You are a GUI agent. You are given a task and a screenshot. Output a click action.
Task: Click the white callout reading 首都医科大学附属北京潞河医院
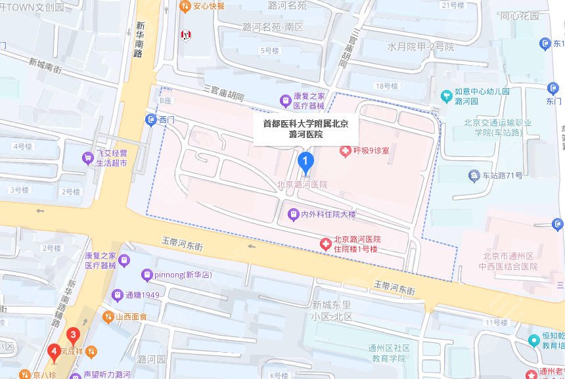(306, 129)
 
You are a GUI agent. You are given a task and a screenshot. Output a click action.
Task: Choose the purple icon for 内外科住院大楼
(294, 214)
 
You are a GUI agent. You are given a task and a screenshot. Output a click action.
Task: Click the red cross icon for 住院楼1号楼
(325, 244)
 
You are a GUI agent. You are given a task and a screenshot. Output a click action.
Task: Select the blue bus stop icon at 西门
(151, 120)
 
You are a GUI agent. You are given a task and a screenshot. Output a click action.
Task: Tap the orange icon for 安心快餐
(185, 6)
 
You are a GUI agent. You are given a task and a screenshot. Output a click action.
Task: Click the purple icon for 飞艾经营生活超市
(87, 158)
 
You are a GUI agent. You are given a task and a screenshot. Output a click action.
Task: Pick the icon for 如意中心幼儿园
(447, 97)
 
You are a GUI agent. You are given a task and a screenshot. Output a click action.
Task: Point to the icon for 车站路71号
(474, 175)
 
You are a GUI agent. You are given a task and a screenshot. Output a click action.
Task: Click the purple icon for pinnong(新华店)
(147, 275)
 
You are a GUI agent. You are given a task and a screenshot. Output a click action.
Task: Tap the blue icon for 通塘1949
(118, 295)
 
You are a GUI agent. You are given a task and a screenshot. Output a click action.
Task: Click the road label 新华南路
(139, 39)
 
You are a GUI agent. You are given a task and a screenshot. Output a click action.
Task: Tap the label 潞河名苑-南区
(273, 28)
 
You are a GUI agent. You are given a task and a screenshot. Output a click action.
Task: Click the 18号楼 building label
(386, 86)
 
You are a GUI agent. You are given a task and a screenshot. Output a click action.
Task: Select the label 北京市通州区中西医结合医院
(510, 261)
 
